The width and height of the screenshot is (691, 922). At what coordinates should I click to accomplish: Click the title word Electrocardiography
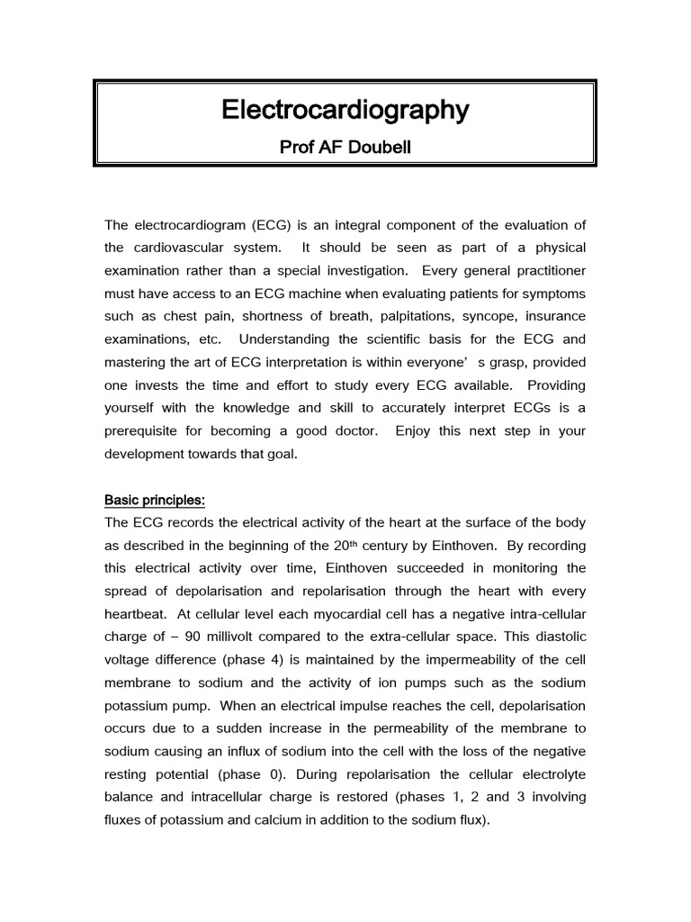click(345, 111)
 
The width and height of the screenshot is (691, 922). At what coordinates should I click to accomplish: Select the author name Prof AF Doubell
click(345, 147)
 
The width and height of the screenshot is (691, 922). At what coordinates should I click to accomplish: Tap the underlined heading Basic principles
click(154, 499)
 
